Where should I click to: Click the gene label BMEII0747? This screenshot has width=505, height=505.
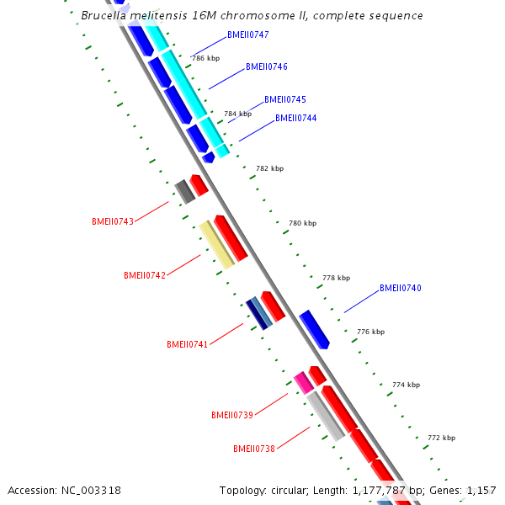(248, 35)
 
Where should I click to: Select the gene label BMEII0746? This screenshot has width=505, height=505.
(267, 66)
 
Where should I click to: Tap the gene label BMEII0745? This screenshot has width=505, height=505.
(285, 99)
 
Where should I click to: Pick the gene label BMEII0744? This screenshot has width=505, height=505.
(296, 118)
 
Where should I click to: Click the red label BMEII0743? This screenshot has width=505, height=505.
(113, 222)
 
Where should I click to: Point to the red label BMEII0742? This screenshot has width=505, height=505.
(145, 275)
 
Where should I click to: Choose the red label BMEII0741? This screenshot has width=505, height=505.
(187, 344)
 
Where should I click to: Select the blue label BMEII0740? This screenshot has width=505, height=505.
(401, 288)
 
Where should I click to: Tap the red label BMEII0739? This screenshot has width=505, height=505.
(232, 415)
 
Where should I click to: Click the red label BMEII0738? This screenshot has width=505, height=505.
(254, 449)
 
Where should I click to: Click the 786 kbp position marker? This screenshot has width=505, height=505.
(205, 59)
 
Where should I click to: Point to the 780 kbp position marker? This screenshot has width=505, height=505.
(303, 223)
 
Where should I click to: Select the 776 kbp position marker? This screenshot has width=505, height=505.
(371, 332)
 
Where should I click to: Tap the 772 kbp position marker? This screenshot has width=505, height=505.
(442, 438)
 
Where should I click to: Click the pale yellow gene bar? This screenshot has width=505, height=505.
(217, 245)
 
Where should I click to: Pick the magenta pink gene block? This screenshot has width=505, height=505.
(304, 382)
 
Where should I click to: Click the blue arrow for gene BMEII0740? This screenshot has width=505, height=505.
(314, 328)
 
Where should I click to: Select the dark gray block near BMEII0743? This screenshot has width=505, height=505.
(185, 192)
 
